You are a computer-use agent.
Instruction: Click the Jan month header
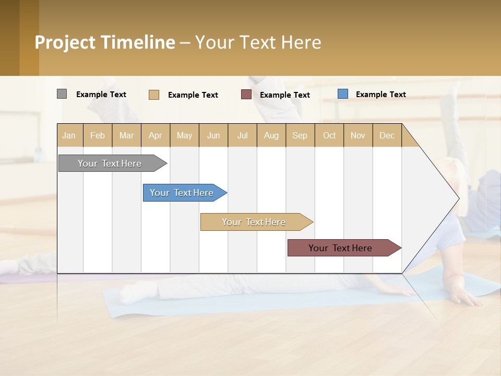69,135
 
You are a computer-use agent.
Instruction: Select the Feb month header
98,135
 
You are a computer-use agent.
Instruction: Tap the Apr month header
156,135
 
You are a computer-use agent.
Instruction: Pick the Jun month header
213,135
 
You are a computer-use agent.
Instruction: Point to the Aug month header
271,135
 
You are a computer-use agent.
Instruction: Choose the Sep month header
300,135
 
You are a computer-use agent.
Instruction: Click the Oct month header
329,135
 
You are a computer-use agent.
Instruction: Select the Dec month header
387,135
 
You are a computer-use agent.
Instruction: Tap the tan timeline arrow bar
255,222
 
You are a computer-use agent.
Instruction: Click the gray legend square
62,94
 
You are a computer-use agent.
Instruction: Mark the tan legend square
154,95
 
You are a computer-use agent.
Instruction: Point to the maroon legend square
246,95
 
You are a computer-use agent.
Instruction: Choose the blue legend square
343,94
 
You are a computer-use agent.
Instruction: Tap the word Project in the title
65,42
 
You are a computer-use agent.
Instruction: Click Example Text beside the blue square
380,95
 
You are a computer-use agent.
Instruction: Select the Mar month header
126,135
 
